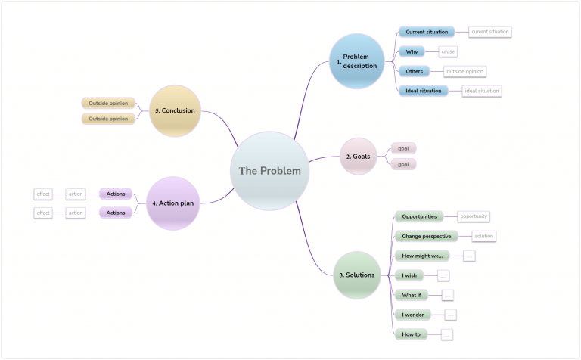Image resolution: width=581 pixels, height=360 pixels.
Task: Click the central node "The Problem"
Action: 270,171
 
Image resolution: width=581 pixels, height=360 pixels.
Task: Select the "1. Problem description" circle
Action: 356,61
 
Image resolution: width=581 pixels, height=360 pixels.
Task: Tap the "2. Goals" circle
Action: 359,157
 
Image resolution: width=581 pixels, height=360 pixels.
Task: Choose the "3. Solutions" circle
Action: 356,275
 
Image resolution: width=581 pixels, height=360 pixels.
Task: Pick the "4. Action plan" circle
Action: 173,203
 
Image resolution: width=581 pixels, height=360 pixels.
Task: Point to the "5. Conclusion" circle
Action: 175,110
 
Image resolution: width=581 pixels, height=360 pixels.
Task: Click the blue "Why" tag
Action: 412,51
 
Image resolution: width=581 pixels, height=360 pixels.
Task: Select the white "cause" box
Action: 448,51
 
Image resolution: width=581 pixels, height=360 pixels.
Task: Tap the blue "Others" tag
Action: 414,71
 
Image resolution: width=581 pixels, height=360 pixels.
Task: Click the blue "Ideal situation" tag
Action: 423,91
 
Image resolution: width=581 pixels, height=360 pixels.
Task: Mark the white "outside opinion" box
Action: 464,71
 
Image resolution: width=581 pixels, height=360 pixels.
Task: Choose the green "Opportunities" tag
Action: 418,216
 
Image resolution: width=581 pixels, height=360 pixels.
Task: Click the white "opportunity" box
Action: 474,216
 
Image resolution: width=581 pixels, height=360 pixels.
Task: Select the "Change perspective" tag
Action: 426,236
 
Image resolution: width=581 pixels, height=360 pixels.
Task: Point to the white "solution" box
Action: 483,236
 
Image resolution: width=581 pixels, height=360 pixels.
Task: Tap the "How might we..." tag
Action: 422,256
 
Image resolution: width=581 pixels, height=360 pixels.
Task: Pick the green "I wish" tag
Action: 409,275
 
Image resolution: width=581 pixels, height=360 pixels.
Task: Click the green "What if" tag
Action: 412,295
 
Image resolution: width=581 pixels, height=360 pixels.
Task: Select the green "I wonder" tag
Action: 413,314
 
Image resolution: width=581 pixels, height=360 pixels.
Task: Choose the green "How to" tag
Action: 412,334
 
